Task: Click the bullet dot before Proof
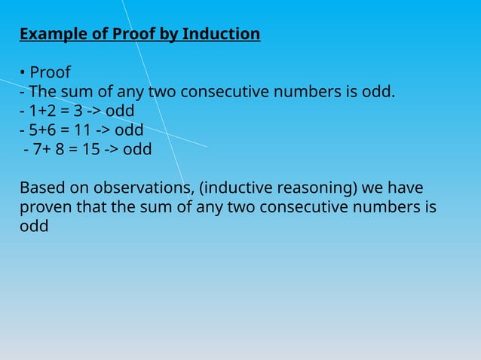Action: [x=23, y=73]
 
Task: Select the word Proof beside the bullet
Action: [x=50, y=73]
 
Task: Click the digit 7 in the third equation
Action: [x=37, y=148]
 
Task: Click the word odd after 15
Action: [x=137, y=148]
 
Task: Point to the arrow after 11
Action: [x=106, y=130]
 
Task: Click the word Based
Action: [x=42, y=187]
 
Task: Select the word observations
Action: [x=141, y=187]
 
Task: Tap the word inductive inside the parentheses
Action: [x=235, y=187]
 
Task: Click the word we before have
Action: [x=375, y=187]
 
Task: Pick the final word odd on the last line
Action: [x=34, y=225]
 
